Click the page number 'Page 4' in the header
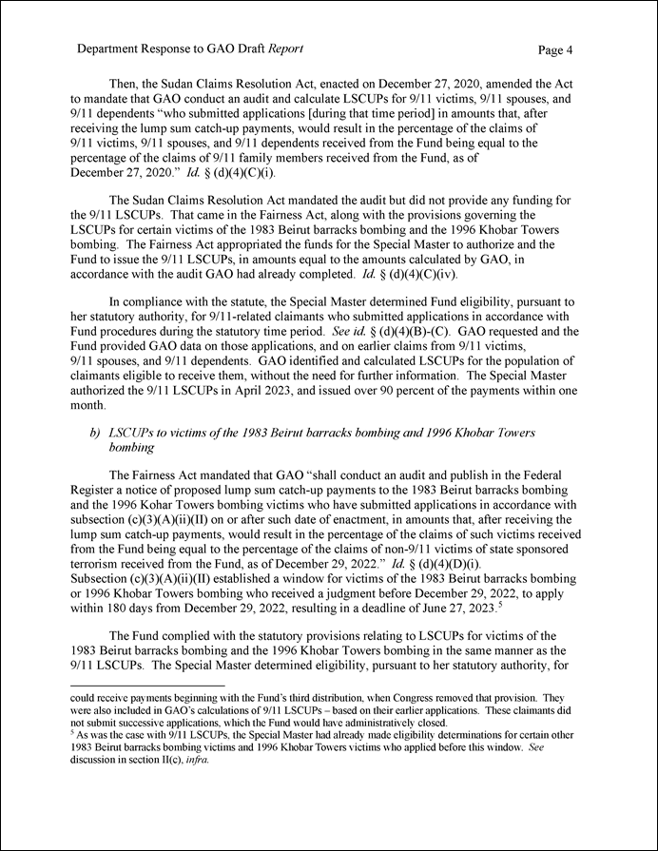point(554,48)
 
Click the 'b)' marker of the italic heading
point(95,433)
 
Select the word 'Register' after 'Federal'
point(97,490)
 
